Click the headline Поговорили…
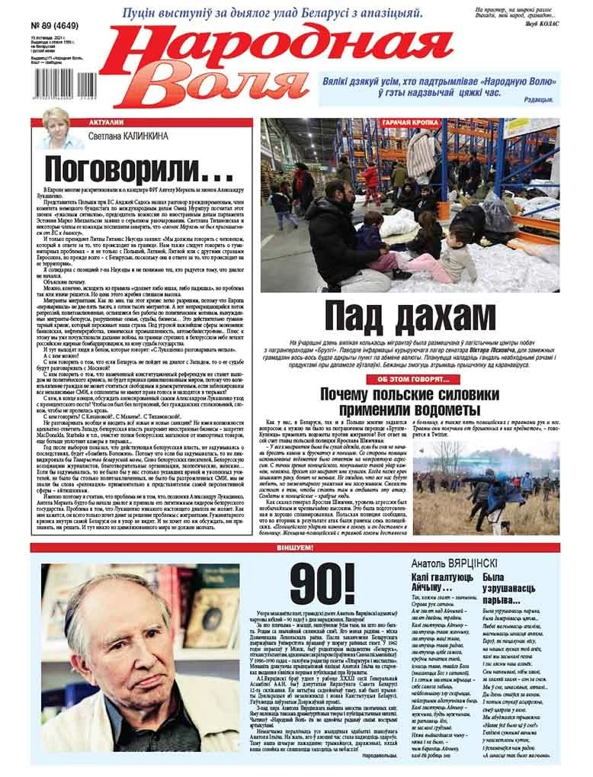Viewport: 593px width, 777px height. [x=134, y=167]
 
